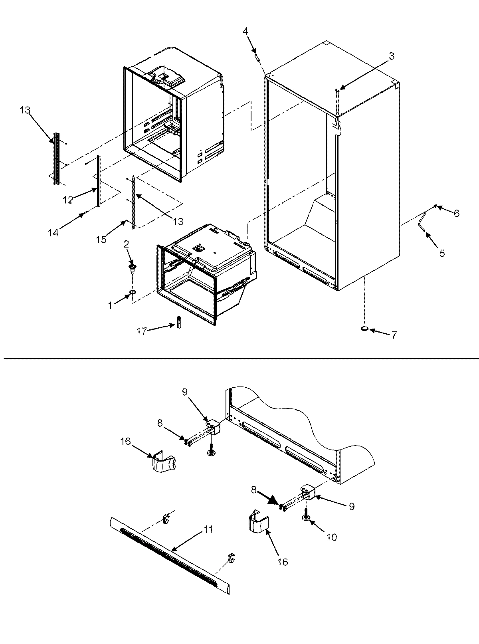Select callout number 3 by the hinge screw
pos(392,56)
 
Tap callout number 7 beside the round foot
pos(394,335)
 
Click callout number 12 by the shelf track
pos(68,200)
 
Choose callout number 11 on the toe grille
pos(209,530)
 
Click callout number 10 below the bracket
pos(332,538)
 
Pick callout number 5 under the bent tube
pos(442,253)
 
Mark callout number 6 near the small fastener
pos(455,214)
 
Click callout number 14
pos(53,232)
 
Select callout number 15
pos(101,239)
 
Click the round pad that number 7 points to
pos(364,329)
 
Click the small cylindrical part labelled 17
pos(179,321)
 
